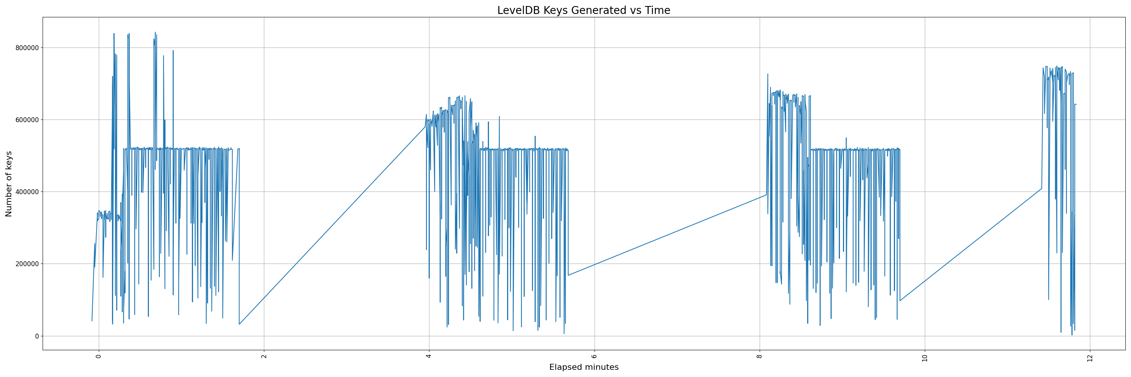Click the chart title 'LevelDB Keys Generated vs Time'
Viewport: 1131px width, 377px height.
click(x=584, y=11)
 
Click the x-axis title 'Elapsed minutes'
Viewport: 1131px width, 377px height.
click(x=584, y=367)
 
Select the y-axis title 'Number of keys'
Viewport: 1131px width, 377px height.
click(x=9, y=184)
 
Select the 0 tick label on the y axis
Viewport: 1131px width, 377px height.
click(x=37, y=336)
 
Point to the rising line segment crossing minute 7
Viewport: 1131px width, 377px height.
click(x=677, y=232)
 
